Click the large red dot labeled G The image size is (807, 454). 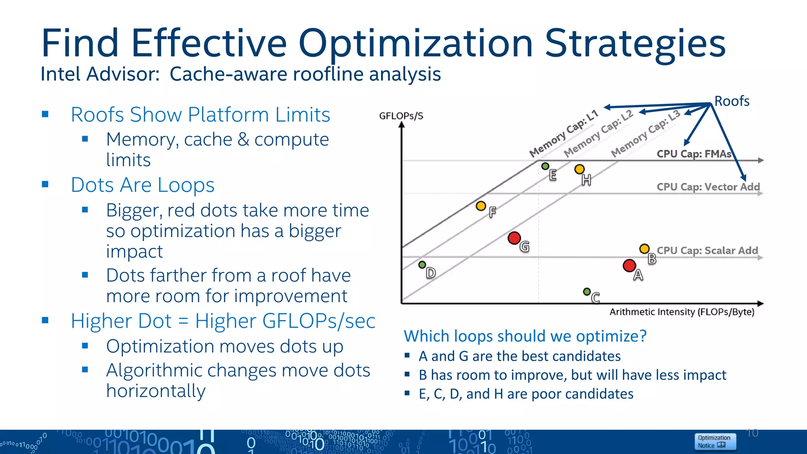pyautogui.click(x=514, y=238)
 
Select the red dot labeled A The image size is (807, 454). pyautogui.click(x=629, y=266)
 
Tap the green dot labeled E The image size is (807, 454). pyautogui.click(x=545, y=166)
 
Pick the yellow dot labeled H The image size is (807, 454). pyautogui.click(x=579, y=169)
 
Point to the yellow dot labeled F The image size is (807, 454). pyautogui.click(x=481, y=206)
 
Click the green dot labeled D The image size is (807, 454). pyautogui.click(x=422, y=265)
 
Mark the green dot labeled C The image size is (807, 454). pyautogui.click(x=587, y=292)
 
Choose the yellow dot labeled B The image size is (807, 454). pyautogui.click(x=644, y=249)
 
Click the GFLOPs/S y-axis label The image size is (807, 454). pyautogui.click(x=401, y=116)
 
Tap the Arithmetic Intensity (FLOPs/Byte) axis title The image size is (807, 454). pyautogui.click(x=682, y=312)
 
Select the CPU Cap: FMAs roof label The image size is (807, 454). pyautogui.click(x=694, y=154)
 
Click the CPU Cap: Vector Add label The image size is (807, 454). pyautogui.click(x=708, y=187)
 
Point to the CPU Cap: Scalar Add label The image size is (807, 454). pyautogui.click(x=707, y=251)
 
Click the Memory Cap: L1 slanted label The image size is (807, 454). pyautogui.click(x=563, y=134)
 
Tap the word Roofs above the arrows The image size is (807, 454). pyautogui.click(x=732, y=101)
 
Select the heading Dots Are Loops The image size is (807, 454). pyautogui.click(x=143, y=185)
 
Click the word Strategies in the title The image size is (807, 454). pyautogui.click(x=635, y=43)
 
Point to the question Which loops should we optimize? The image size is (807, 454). pyautogui.click(x=525, y=336)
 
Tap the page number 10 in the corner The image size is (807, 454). pyautogui.click(x=752, y=433)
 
